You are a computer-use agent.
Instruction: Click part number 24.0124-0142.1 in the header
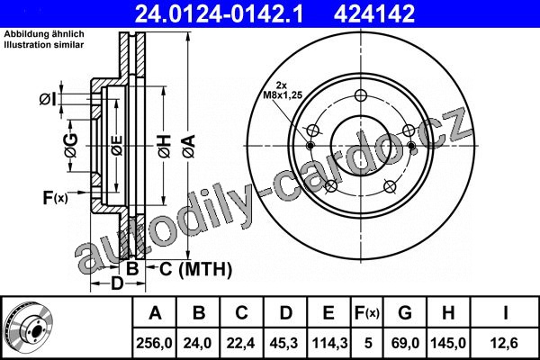[219, 13]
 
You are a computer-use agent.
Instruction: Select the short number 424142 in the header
[374, 13]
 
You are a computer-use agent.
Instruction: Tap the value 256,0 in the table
[154, 343]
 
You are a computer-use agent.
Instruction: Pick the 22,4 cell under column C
[240, 343]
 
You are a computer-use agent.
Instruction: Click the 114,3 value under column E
[329, 343]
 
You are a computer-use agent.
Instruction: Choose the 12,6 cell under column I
[505, 343]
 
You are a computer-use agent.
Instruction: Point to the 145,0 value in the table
[448, 343]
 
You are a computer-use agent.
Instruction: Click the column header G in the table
[405, 313]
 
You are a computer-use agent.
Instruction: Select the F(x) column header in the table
[367, 313]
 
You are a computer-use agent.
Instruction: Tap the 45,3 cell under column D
[284, 343]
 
